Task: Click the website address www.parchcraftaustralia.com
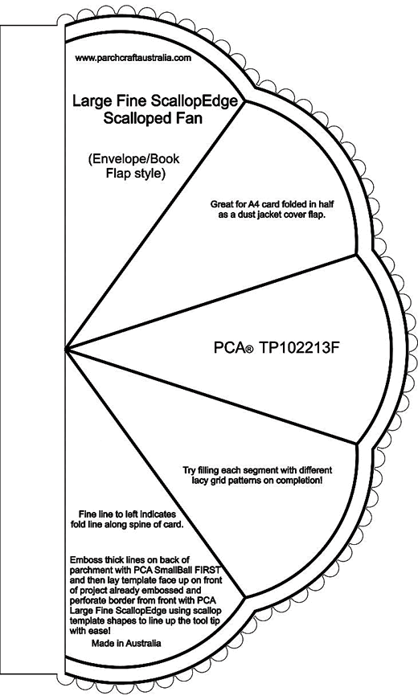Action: pos(133,58)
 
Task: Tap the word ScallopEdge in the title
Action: pos(194,101)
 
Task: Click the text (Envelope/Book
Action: pos(134,159)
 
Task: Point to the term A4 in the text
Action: pos(253,204)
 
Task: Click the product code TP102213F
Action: pos(296,347)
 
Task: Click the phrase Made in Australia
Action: pos(126,643)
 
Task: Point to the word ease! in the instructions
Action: pos(100,631)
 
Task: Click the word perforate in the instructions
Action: pos(88,600)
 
